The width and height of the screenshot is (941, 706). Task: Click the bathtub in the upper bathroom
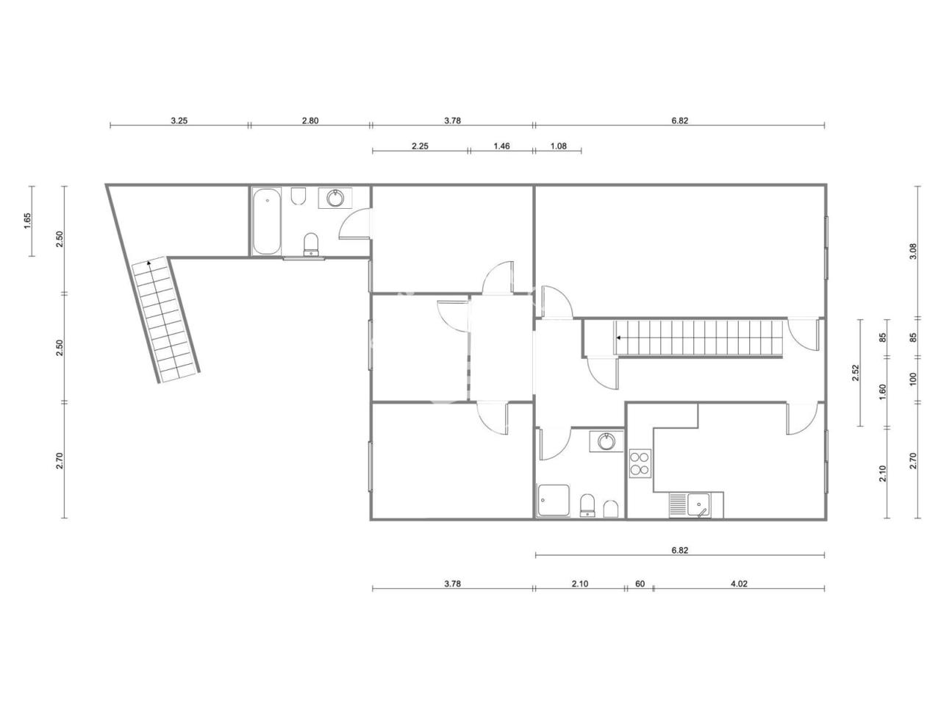[x=267, y=221]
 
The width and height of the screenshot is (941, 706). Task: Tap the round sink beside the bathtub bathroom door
[x=334, y=198]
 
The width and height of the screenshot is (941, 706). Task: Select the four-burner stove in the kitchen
[x=640, y=463]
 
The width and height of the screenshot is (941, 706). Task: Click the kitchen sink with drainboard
[x=695, y=504]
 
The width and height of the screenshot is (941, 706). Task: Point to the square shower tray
[x=553, y=500]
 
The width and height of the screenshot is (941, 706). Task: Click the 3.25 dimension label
[x=179, y=121]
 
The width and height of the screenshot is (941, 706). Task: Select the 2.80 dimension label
[x=310, y=121]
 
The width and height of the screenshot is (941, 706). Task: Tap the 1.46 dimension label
[x=501, y=146]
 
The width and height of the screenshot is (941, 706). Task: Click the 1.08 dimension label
[x=558, y=146]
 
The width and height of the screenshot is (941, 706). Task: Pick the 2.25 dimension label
[x=420, y=146]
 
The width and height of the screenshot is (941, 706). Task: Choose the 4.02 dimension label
[x=739, y=583]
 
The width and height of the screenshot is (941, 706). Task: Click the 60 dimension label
[x=640, y=583]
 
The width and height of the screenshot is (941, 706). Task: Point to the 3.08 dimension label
[x=913, y=252]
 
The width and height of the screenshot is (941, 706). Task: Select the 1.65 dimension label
[x=27, y=221]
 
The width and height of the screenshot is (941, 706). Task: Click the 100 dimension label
[x=913, y=379]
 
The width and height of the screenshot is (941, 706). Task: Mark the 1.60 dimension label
[x=882, y=392]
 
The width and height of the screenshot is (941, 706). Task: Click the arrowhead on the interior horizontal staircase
[x=619, y=338]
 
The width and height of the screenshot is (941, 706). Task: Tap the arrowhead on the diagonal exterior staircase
[x=149, y=263]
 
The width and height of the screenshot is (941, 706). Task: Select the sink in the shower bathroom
[x=607, y=441]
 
